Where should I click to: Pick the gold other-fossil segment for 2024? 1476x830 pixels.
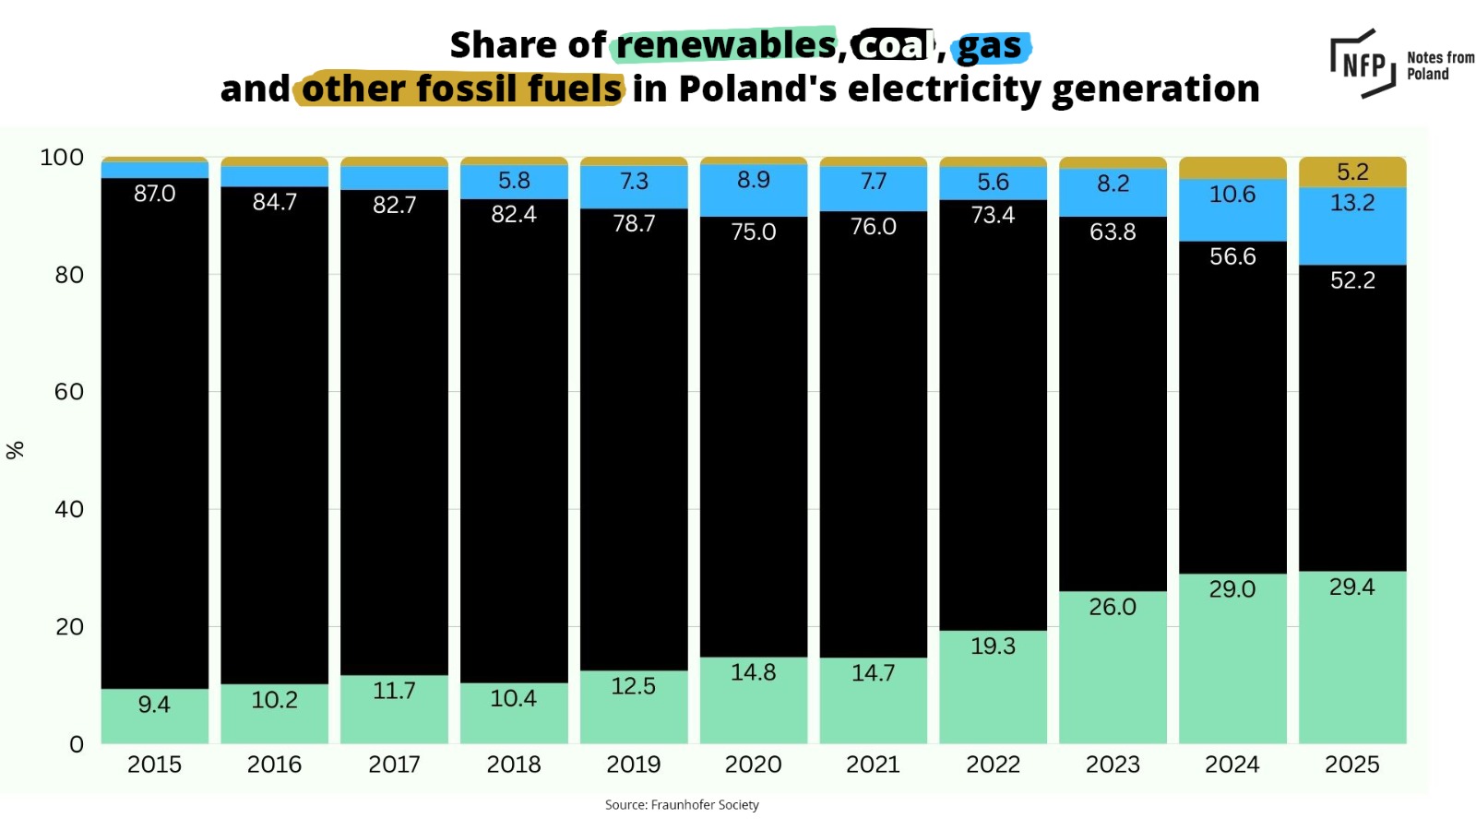click(x=1232, y=168)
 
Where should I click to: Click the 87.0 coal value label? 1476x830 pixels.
click(x=154, y=194)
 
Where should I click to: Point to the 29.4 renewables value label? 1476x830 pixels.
click(x=1352, y=587)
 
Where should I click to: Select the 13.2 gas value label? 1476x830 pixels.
click(x=1352, y=203)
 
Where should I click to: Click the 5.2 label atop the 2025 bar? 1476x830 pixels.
click(x=1352, y=172)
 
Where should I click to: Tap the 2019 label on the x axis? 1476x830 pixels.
click(x=634, y=765)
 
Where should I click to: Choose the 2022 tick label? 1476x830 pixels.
click(x=993, y=765)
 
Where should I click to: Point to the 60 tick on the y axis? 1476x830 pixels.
click(x=69, y=392)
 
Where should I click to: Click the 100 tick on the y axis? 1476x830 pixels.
click(x=62, y=158)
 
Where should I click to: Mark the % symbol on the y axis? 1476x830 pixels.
click(x=15, y=450)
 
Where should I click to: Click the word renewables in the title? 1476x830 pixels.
click(x=726, y=44)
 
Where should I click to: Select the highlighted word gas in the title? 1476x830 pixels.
click(x=990, y=46)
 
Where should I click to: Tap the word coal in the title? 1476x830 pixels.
click(x=891, y=45)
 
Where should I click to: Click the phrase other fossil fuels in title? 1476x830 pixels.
click(x=461, y=89)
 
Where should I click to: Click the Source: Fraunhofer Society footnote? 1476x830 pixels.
click(x=682, y=805)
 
